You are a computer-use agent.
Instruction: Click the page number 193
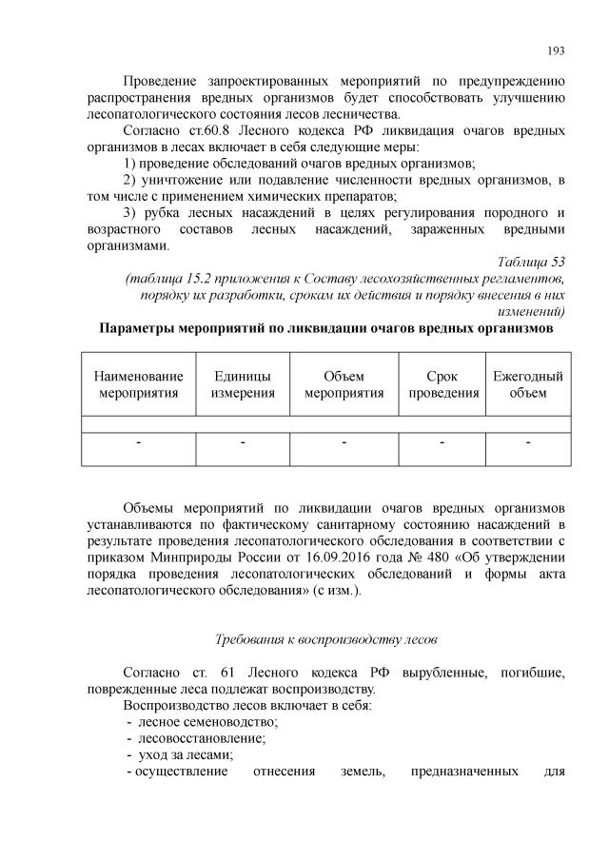[558, 49]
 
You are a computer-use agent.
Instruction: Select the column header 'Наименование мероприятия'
[138, 384]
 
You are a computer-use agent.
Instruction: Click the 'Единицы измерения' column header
[243, 384]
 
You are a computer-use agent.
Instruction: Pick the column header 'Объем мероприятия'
[344, 384]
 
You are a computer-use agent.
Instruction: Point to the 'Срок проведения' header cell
[442, 384]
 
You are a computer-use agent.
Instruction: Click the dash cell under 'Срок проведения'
[442, 442]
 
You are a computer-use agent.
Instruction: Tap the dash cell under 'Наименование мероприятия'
[138, 442]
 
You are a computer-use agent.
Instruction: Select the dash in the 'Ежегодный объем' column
[528, 442]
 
